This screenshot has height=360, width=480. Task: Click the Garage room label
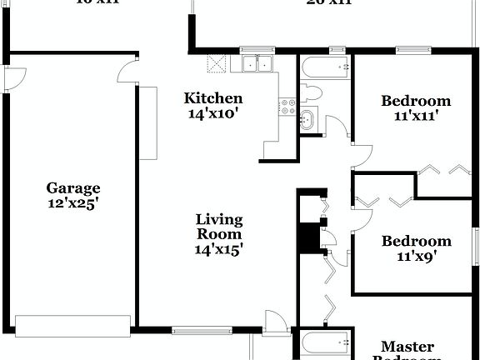73,188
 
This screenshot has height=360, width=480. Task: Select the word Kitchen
213,98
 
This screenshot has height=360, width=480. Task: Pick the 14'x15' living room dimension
219,248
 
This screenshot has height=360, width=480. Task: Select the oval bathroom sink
307,119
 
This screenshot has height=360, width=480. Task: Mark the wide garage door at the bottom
72,324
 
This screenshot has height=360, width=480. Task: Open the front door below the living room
276,321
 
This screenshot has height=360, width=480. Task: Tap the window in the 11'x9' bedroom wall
477,246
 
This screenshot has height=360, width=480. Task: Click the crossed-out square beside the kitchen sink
217,62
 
